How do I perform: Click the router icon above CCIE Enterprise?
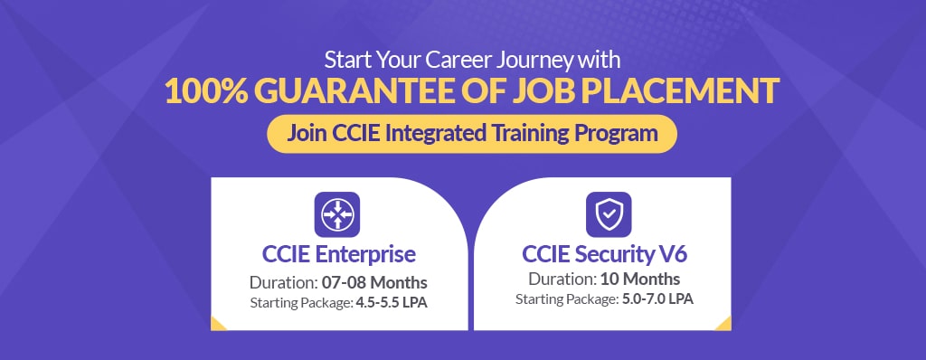[337, 214]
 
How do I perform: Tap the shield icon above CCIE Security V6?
[609, 214]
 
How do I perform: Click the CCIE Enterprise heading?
[339, 254]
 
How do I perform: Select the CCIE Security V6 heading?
[605, 254]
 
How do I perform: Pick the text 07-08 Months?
[372, 282]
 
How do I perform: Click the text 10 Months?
[640, 279]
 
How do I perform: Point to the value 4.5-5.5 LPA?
[391, 303]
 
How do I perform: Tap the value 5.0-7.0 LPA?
[657, 299]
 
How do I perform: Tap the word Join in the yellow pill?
[307, 133]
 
